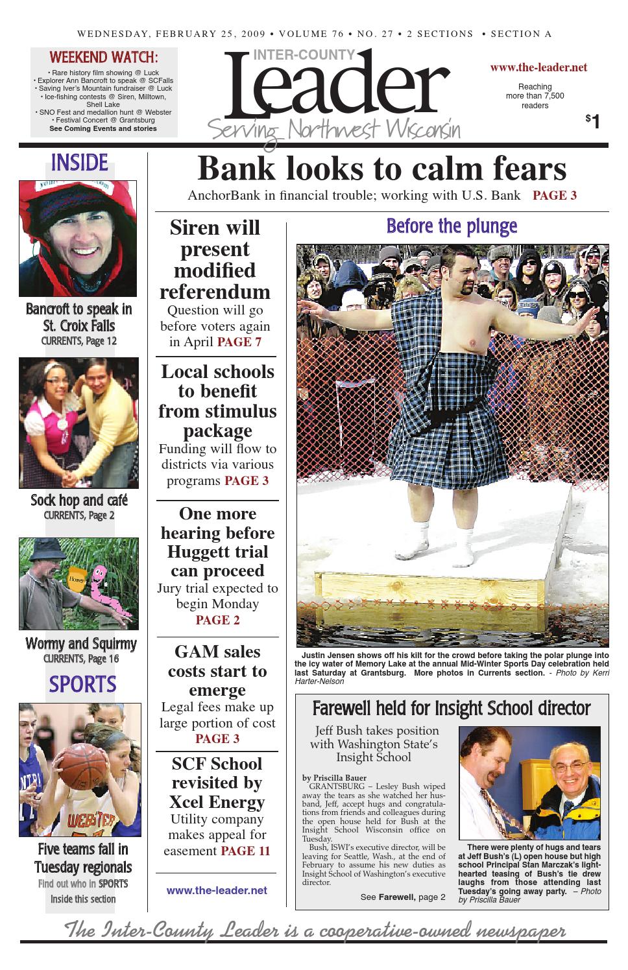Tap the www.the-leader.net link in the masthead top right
[538, 67]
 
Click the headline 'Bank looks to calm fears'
[381, 169]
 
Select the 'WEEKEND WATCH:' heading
[104, 56]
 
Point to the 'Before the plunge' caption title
[452, 226]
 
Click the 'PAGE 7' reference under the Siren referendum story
[239, 342]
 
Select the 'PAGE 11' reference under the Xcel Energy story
[245, 851]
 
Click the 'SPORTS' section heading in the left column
[82, 684]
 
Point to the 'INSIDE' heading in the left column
[79, 162]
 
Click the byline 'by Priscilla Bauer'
[334, 778]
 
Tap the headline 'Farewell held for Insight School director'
[452, 708]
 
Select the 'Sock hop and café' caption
[79, 501]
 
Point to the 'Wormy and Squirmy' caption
[80, 644]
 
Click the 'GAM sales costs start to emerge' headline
[217, 670]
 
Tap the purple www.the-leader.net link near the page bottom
[217, 890]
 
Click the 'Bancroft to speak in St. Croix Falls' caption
[79, 317]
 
